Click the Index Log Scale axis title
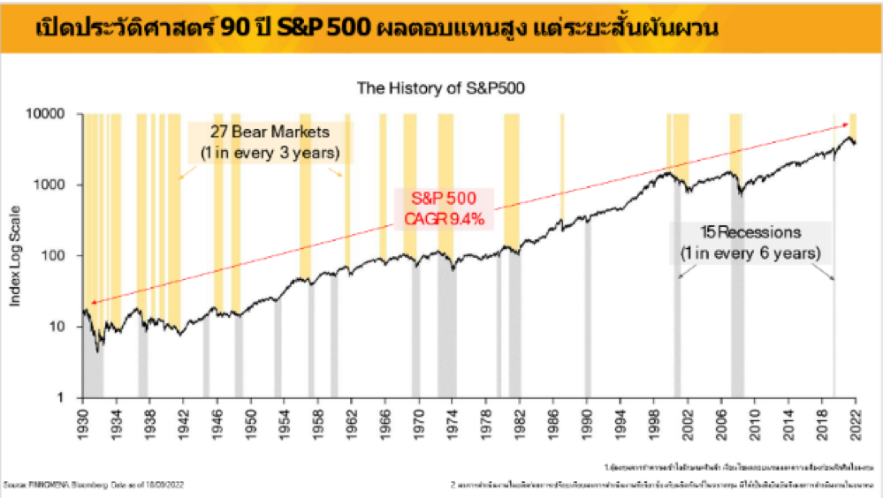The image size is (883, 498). tap(17, 256)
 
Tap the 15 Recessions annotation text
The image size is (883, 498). tap(750, 233)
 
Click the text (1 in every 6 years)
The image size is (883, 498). tap(750, 254)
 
